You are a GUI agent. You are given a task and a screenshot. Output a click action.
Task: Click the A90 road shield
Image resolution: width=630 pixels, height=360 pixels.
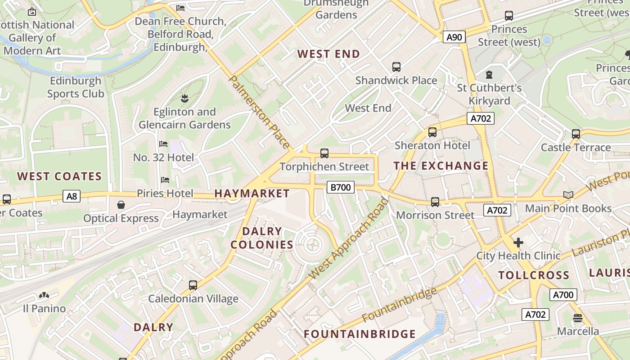pos(454,37)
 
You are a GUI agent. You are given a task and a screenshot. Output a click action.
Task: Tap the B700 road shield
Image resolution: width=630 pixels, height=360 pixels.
pos(340,187)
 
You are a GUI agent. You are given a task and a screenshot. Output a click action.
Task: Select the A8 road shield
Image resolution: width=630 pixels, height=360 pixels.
pos(71,196)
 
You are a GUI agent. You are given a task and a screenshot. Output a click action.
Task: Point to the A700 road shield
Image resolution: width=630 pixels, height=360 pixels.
pos(563,295)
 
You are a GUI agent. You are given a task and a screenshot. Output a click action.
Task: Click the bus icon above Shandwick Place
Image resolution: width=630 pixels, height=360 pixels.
pos(396,67)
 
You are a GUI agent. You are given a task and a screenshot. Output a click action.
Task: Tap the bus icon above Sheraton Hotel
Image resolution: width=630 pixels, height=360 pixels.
pos(432,132)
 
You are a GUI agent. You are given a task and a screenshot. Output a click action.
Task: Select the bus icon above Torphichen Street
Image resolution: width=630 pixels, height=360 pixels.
pos(324,153)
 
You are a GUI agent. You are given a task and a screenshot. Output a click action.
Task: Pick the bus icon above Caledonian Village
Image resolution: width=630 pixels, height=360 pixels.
pos(193,285)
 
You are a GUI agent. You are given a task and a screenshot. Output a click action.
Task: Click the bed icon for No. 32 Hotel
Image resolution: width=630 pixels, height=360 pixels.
pos(163,144)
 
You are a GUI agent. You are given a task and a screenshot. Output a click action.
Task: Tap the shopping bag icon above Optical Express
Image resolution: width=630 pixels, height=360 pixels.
pos(121,205)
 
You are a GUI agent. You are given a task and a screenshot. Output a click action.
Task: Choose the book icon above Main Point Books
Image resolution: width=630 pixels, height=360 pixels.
pos(568,195)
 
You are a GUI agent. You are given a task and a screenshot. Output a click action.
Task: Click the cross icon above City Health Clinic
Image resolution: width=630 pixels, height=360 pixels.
pos(518,243)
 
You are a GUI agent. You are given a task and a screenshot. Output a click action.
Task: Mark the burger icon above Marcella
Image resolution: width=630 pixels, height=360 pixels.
pos(578,318)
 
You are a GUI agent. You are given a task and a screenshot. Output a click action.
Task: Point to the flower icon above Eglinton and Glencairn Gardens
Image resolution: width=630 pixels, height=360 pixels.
pos(184,98)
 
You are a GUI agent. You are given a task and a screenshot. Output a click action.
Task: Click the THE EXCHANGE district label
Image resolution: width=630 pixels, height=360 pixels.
pos(441,166)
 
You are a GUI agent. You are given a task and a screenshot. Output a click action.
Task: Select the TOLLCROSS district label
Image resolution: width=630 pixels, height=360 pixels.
pos(534,275)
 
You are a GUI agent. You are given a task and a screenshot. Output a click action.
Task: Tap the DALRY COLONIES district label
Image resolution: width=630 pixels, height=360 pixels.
pos(262,238)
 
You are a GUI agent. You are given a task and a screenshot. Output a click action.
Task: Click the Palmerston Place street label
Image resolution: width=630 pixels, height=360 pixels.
pos(260,112)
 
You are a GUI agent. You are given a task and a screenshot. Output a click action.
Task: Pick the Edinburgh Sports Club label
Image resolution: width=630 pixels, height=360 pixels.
pos(76,87)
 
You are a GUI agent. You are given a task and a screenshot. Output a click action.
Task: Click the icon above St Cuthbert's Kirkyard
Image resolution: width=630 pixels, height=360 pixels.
pos(489,74)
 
